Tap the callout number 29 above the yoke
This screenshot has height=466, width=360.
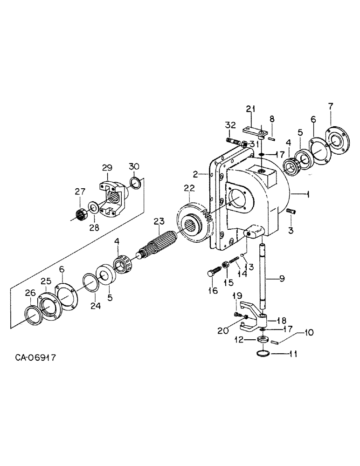point(107,167)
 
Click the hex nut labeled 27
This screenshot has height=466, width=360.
point(82,213)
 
